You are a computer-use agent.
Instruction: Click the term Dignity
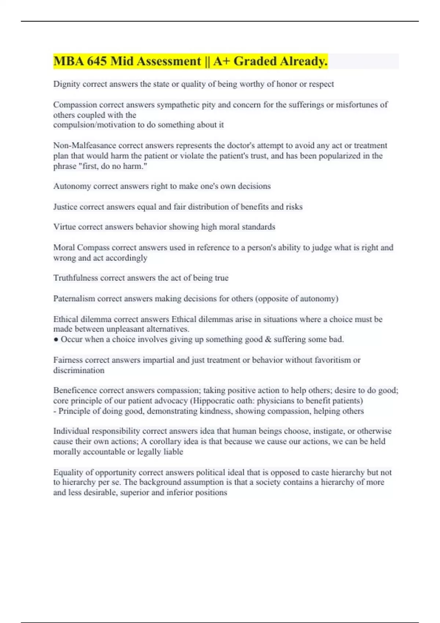[x=66, y=84]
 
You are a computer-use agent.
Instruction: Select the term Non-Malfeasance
[x=85, y=145]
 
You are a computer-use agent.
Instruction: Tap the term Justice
[x=65, y=207]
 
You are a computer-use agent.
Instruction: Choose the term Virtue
[x=65, y=227]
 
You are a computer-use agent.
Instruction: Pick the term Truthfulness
[x=76, y=278]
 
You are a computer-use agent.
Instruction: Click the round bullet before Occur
[x=56, y=340]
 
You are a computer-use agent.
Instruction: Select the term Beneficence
[x=75, y=390]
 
